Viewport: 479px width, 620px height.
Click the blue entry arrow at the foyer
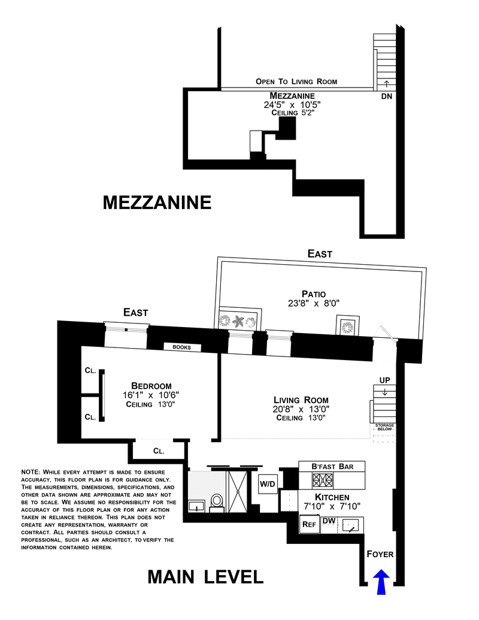381,582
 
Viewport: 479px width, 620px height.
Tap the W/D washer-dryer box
267,484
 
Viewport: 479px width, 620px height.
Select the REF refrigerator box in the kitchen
309,524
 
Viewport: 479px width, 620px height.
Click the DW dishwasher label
328,521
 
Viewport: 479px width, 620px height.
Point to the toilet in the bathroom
217,501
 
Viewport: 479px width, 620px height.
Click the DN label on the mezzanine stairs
386,96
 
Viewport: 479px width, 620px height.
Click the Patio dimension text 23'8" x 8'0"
314,304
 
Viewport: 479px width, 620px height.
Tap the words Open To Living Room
296,81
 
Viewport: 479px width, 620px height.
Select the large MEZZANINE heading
157,202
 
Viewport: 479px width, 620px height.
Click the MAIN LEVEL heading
205,577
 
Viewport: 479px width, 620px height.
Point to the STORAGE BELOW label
384,427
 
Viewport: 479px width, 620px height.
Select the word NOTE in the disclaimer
30,472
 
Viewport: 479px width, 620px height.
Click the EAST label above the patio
320,254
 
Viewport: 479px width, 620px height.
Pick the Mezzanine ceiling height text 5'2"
305,113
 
